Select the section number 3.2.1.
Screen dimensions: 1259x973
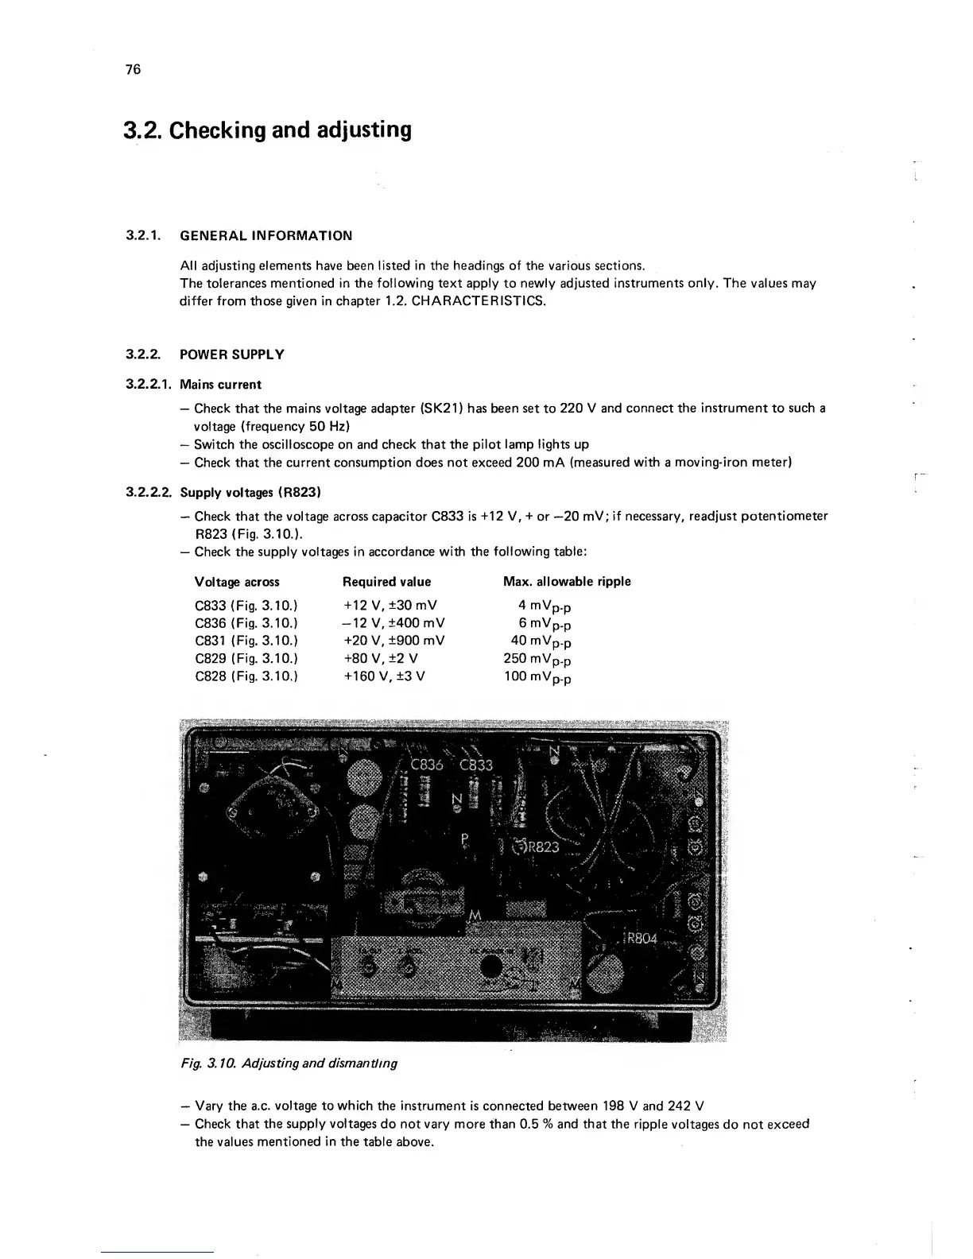tap(143, 235)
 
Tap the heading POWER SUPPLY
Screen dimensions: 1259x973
tap(232, 354)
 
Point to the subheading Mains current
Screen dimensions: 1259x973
tap(220, 385)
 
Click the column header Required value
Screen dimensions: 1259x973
tap(386, 582)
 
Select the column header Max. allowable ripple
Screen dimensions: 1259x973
tap(567, 582)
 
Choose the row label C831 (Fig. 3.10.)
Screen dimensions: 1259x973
tap(246, 641)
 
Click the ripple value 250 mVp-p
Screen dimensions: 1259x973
tap(538, 660)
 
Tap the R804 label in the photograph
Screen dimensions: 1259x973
tap(642, 938)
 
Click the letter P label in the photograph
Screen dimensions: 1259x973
tap(465, 839)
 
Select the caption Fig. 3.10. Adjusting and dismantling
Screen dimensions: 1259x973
tap(289, 1063)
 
